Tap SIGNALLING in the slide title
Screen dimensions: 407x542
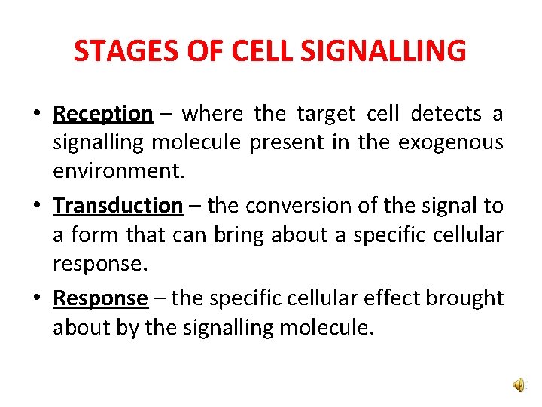[x=385, y=50]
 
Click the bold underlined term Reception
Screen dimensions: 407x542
[x=103, y=114]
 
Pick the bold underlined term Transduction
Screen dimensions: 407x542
[x=118, y=205]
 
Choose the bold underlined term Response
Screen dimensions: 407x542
[x=100, y=298]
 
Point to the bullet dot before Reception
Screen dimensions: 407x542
[x=36, y=115]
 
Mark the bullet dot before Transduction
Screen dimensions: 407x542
[x=36, y=206]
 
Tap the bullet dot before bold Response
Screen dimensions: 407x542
[x=36, y=298]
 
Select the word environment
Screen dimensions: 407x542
[x=115, y=171]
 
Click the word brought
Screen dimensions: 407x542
[x=465, y=298]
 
